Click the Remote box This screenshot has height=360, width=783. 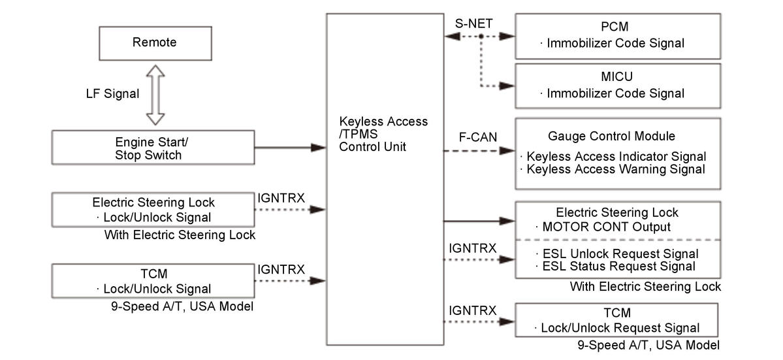155,43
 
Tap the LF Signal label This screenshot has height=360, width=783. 112,93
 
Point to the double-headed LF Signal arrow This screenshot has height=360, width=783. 155,95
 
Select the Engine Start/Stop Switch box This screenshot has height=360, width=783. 153,147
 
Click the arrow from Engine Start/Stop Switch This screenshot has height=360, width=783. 290,147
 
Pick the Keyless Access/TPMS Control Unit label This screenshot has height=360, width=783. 383,135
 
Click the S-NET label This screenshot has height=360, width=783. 473,23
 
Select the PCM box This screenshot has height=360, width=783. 618,36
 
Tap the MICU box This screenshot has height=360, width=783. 618,86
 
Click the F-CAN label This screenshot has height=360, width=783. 478,137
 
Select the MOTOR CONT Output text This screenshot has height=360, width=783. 606,227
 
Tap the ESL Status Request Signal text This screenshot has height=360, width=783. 618,266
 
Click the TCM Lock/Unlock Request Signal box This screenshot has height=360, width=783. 616,320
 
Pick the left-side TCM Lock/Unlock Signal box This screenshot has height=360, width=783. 153,281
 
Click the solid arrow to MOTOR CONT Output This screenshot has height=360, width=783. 479,221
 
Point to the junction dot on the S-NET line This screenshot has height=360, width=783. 481,37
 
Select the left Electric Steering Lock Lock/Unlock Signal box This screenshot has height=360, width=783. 153,210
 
